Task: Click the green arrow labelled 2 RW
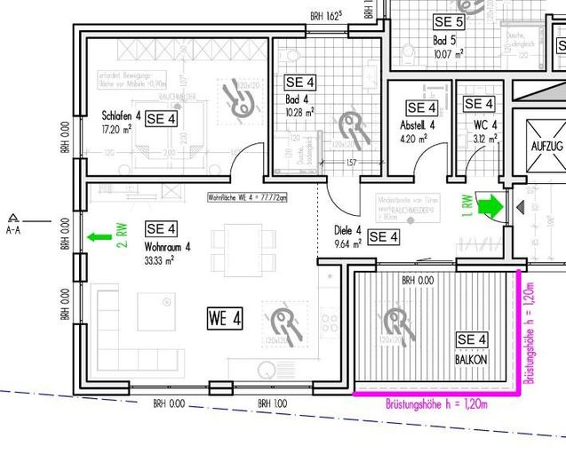pyautogui.click(x=100, y=237)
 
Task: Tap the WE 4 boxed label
pyautogui.click(x=226, y=318)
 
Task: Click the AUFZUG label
pyautogui.click(x=547, y=146)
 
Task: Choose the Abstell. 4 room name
pyautogui.click(x=419, y=125)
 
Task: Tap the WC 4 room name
pyautogui.click(x=485, y=124)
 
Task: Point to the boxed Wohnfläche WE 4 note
pyautogui.click(x=247, y=198)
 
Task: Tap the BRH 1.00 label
pyautogui.click(x=273, y=404)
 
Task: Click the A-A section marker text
pyautogui.click(x=13, y=230)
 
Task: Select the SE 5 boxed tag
pyautogui.click(x=449, y=21)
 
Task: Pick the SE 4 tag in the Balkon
pyautogui.click(x=472, y=339)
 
